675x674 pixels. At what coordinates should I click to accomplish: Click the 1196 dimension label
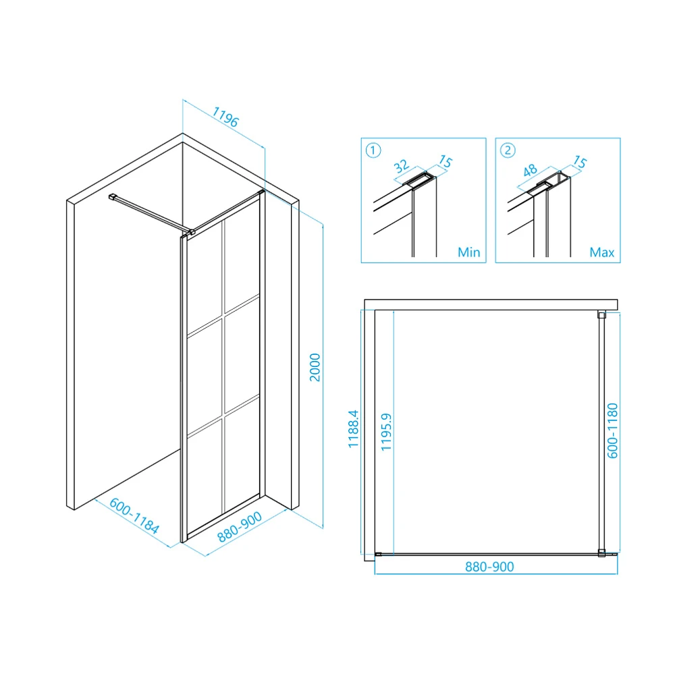click(x=225, y=117)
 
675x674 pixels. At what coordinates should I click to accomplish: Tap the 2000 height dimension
click(x=315, y=367)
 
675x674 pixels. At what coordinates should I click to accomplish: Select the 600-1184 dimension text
click(x=134, y=515)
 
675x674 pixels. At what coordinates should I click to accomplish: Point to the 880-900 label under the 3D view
click(x=240, y=527)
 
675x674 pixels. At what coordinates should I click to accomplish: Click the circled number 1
click(x=373, y=150)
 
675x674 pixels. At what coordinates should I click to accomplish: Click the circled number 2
click(x=508, y=150)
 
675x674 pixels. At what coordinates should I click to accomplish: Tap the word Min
click(x=469, y=252)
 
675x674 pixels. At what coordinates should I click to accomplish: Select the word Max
click(x=602, y=252)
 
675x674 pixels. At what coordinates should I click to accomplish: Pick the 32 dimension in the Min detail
click(x=401, y=166)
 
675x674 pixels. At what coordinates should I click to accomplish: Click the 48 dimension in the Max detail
click(x=530, y=171)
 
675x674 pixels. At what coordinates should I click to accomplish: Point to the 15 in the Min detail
click(x=446, y=161)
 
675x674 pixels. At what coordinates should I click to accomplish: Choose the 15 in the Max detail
click(x=580, y=162)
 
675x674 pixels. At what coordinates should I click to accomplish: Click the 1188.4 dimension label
click(x=353, y=429)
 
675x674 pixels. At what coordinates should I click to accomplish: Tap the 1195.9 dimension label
click(x=386, y=432)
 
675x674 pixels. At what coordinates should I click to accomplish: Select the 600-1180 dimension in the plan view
click(x=612, y=431)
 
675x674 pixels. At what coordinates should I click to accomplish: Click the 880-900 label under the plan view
click(x=489, y=567)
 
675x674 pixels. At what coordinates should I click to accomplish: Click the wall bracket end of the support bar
click(x=112, y=197)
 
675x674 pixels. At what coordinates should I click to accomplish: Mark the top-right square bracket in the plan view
click(x=602, y=315)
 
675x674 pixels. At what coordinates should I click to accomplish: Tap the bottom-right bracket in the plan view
click(x=602, y=553)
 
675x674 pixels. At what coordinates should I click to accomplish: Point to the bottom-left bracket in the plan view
click(x=379, y=555)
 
